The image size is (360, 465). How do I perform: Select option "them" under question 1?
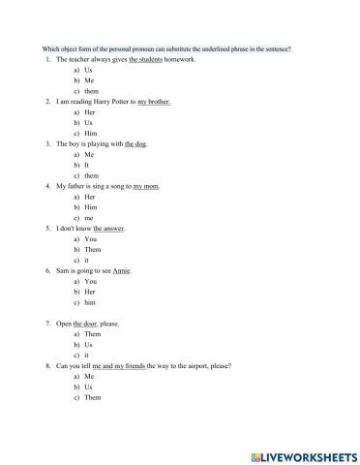92,90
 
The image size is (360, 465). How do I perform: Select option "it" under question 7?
87,355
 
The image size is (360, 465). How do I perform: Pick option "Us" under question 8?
89,387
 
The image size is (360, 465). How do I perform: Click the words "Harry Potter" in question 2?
113,102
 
